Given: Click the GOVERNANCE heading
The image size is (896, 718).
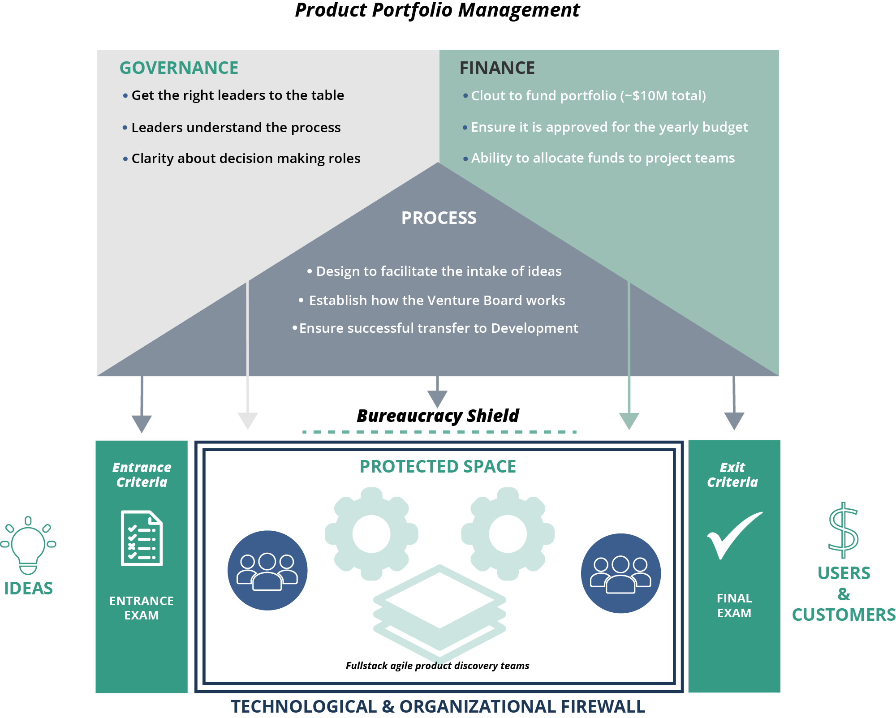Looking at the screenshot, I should [x=179, y=68].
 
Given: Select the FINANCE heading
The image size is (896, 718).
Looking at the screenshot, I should [x=497, y=68].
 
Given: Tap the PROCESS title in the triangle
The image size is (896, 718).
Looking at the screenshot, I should [x=439, y=218].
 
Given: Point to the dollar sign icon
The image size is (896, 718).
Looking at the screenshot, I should [x=843, y=530].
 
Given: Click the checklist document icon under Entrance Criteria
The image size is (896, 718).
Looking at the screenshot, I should [x=142, y=538].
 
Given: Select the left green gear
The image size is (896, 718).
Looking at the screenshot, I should [x=371, y=534].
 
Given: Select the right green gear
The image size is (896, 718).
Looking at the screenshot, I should [x=508, y=534].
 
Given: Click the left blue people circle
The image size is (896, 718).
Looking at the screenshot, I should [x=267, y=570].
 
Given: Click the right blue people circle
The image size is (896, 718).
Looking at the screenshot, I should [x=620, y=573].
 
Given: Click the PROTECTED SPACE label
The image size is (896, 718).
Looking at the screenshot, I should [x=438, y=467].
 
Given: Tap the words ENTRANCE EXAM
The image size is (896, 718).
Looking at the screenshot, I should [x=142, y=608].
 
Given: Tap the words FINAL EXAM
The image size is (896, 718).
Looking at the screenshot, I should [x=734, y=606].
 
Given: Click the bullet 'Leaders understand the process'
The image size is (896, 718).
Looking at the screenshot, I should [x=236, y=128].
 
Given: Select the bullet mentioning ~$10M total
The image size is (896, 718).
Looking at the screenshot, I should [x=588, y=96].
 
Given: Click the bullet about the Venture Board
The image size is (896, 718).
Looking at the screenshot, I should [x=437, y=301].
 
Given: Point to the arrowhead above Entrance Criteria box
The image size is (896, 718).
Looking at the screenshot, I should [x=142, y=423].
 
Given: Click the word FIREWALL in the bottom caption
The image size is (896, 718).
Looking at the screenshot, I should [x=603, y=707].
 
